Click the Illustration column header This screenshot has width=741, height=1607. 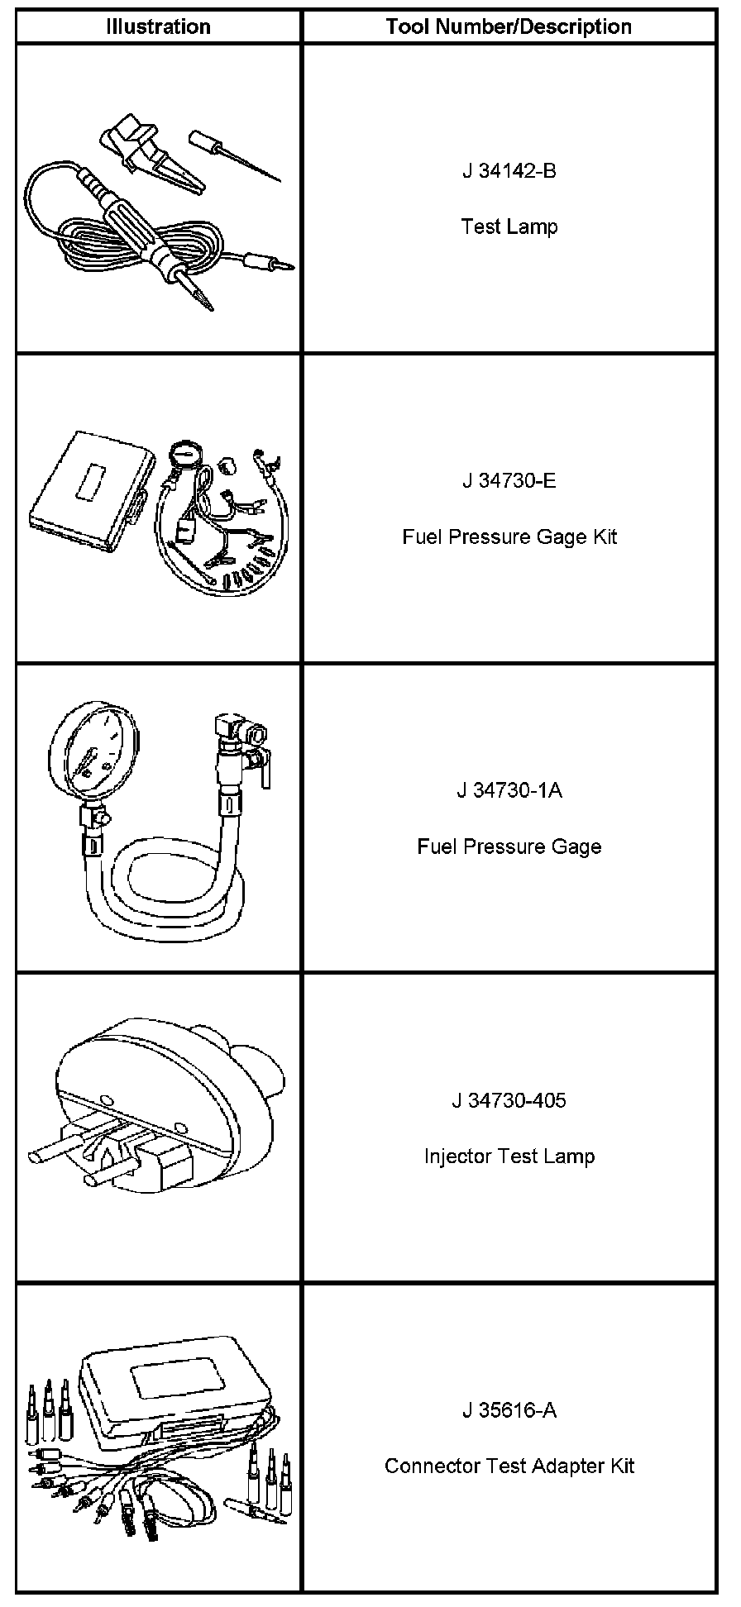click(x=158, y=26)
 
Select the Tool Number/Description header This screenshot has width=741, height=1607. click(x=509, y=26)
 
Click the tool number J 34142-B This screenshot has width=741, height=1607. click(x=509, y=171)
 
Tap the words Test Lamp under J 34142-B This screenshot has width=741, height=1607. click(x=509, y=227)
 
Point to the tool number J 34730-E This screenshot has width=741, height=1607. click(x=509, y=480)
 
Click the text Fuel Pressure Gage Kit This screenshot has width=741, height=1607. click(x=509, y=536)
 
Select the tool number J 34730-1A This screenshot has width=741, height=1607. click(x=509, y=790)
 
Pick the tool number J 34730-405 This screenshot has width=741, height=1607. click(x=509, y=1100)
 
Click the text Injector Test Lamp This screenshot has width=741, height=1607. click(x=509, y=1156)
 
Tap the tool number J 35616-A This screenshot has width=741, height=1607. click(x=509, y=1409)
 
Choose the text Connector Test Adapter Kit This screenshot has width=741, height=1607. click(x=509, y=1466)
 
